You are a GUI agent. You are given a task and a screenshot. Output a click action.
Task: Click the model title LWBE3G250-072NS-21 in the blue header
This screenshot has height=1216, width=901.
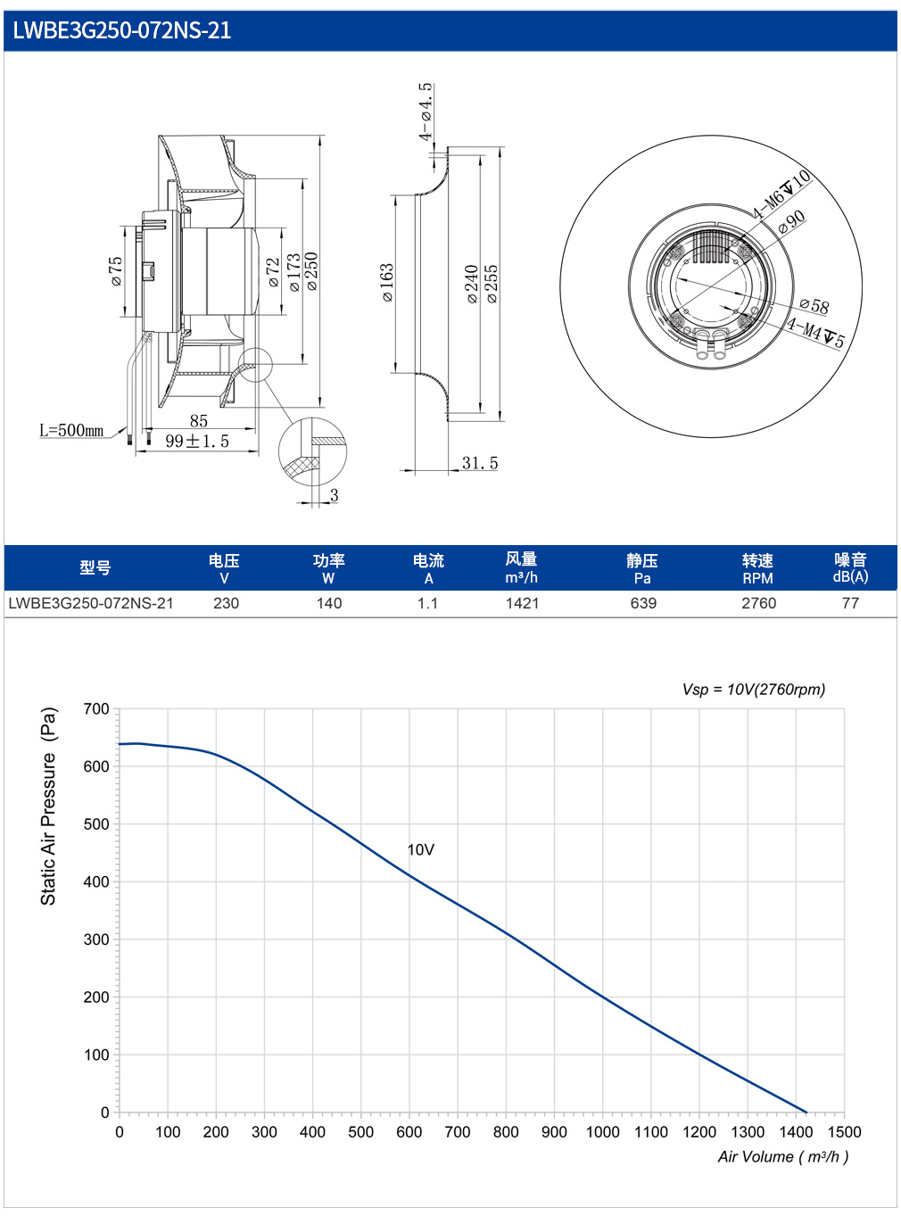tap(121, 30)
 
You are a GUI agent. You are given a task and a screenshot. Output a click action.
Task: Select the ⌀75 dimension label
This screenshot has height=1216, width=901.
tap(116, 271)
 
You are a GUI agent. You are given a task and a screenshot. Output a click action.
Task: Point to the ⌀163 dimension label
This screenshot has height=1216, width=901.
tap(386, 283)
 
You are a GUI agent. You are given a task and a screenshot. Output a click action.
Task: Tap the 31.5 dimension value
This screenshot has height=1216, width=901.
tap(479, 463)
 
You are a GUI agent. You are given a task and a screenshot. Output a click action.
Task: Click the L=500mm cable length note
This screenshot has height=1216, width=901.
tap(71, 430)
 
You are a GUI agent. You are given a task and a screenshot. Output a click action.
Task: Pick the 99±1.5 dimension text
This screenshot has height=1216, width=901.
tap(197, 442)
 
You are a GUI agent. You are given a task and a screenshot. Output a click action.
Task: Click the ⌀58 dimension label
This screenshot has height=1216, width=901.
tap(814, 304)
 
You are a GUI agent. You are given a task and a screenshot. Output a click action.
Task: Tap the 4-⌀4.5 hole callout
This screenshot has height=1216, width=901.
tap(426, 112)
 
